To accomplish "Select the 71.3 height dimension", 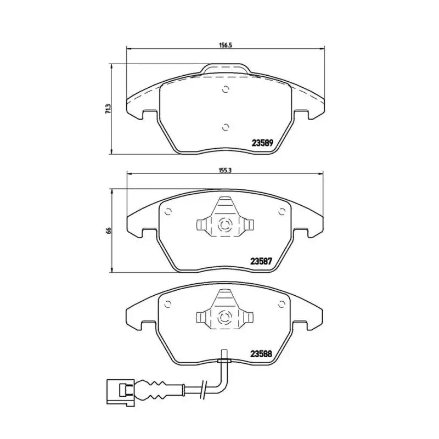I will (109, 109).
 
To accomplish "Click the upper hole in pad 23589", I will (224, 91).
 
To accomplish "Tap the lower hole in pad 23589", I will (224, 127).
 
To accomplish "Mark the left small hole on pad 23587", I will (168, 211).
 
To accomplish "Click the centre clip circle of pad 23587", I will (224, 224).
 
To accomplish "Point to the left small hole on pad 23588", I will (168, 303).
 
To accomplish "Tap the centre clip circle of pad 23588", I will (224, 316).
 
